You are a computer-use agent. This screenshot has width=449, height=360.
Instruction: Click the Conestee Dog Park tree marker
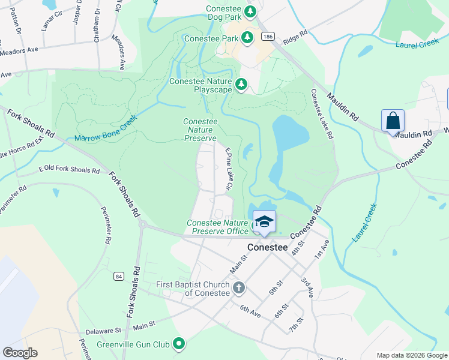250,11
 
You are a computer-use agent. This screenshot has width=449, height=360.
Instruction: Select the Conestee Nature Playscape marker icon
241,85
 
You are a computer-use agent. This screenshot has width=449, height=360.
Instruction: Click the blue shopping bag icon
393,121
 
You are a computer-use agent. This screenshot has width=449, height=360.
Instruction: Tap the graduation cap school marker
264,221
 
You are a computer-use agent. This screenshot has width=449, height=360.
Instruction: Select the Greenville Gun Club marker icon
178,344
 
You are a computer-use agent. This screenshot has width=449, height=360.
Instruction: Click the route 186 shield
267,37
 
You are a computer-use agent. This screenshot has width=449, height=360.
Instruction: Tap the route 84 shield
118,276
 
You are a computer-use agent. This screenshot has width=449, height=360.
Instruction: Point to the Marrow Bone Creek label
106,128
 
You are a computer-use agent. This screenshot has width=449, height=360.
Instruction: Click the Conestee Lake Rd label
322,114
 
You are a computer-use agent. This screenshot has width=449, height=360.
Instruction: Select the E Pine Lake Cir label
228,169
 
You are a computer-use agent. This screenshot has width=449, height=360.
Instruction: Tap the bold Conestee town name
270,247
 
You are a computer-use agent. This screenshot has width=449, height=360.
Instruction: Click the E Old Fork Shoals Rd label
69,170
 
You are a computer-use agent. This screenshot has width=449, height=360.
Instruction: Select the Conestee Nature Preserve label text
200,130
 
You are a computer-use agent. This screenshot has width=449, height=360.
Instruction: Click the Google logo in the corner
20,353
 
